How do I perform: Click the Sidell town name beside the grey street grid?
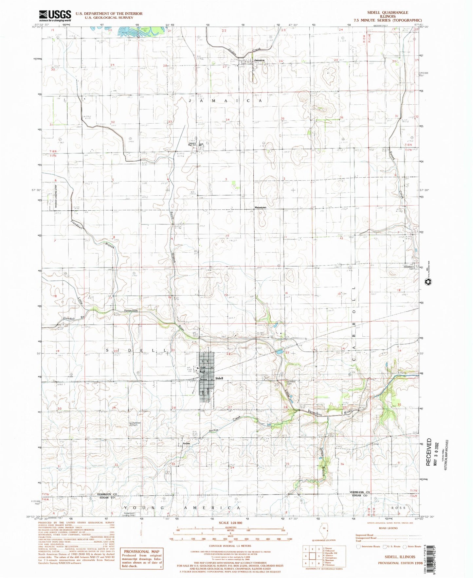219,378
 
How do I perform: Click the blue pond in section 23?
279,352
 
